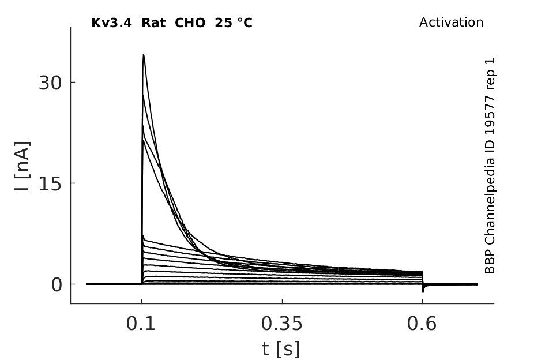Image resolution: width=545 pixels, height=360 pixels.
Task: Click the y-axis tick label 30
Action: tap(50, 83)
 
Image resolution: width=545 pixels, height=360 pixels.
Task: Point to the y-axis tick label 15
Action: tap(50, 184)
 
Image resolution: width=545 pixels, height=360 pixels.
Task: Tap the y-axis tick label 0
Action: tap(57, 285)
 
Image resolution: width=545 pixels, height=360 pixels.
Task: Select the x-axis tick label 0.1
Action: tap(140, 324)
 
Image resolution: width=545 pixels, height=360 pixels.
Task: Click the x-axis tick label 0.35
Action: tap(282, 324)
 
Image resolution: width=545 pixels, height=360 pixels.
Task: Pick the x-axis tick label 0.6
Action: tap(422, 324)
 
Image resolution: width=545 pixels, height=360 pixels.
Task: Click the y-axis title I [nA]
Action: tap(22, 166)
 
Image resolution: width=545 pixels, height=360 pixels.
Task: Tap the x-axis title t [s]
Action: tap(281, 349)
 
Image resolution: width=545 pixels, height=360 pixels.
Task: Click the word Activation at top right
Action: tap(451, 22)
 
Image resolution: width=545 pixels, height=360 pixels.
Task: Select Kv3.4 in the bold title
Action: tap(111, 23)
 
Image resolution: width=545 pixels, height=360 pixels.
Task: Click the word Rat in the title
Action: tap(153, 23)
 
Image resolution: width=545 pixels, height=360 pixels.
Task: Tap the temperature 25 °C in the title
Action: tap(234, 23)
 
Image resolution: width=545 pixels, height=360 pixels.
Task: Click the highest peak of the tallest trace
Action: tap(143, 54)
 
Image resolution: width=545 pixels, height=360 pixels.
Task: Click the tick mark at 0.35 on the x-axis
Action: tap(282, 301)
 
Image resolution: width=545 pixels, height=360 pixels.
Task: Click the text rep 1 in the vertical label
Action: tap(490, 74)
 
